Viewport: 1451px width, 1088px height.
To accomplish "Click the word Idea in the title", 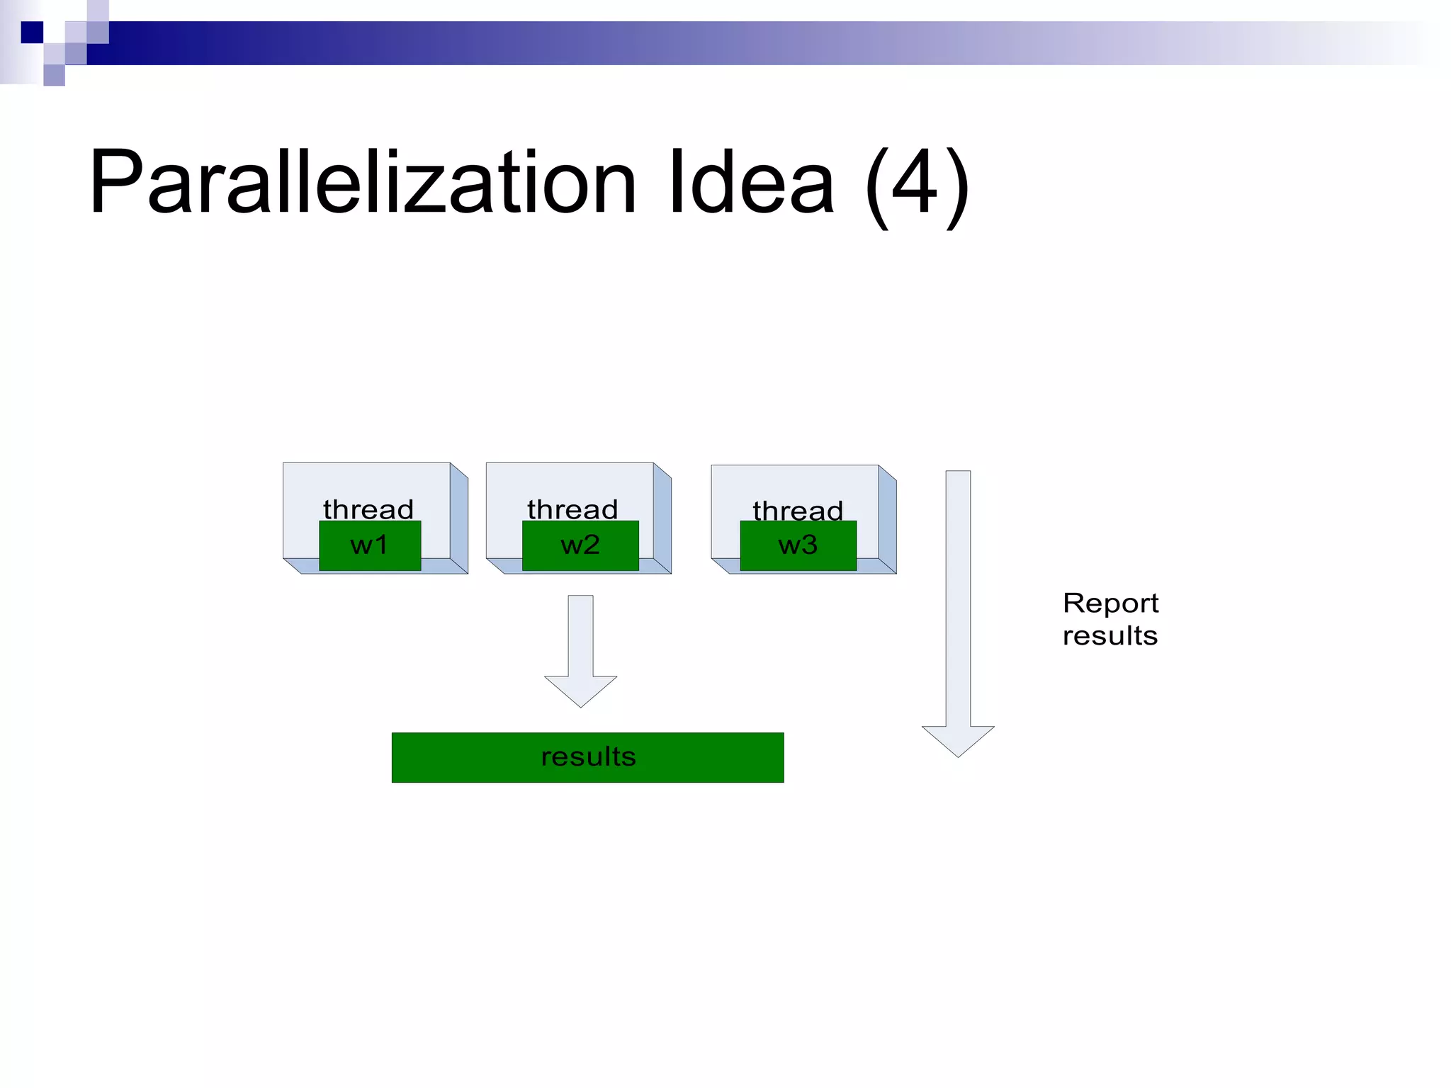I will click(x=751, y=183).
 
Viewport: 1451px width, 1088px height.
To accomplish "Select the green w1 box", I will click(x=370, y=546).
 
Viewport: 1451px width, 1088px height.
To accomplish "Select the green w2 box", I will click(x=580, y=546).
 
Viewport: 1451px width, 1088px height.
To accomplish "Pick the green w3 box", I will click(x=798, y=546).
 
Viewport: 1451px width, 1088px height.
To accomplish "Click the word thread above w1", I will click(x=368, y=509).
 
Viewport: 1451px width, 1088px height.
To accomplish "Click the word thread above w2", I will click(x=572, y=509).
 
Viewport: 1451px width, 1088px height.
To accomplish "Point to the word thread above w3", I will click(x=798, y=511).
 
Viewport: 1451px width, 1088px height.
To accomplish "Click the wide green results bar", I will click(x=587, y=757).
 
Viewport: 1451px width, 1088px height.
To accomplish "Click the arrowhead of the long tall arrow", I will click(x=958, y=740).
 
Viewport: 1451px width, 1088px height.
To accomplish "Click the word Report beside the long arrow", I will click(x=1110, y=603).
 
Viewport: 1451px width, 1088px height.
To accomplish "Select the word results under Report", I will click(x=1110, y=636).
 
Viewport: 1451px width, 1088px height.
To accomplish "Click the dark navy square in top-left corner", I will click(x=32, y=33).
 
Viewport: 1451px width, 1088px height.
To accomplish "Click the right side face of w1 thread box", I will click(x=459, y=518).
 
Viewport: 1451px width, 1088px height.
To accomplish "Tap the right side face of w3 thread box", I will click(x=887, y=519).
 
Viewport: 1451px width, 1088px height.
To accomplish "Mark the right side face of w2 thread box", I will click(x=662, y=518).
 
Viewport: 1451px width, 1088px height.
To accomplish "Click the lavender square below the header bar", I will click(x=54, y=75).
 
